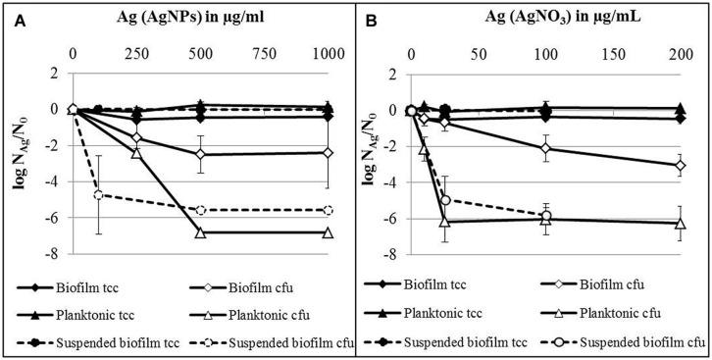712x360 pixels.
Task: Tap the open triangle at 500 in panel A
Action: click(x=200, y=232)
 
